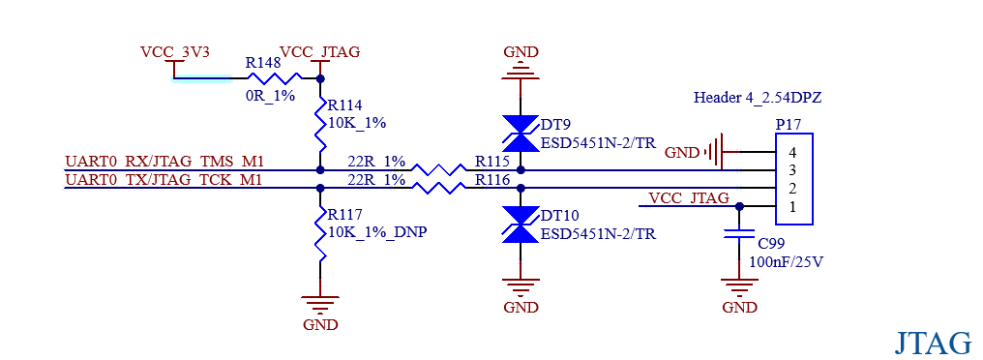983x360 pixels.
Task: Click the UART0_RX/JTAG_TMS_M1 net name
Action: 164,162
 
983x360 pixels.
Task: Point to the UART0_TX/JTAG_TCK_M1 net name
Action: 164,180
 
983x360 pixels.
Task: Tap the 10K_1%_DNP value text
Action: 377,231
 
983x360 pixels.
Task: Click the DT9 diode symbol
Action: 521,134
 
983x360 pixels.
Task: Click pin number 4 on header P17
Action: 792,152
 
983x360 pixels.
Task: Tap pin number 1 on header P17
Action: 792,207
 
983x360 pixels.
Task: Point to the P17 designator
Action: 789,124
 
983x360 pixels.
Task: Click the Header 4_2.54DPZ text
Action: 758,97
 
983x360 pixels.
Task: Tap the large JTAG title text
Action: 933,344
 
